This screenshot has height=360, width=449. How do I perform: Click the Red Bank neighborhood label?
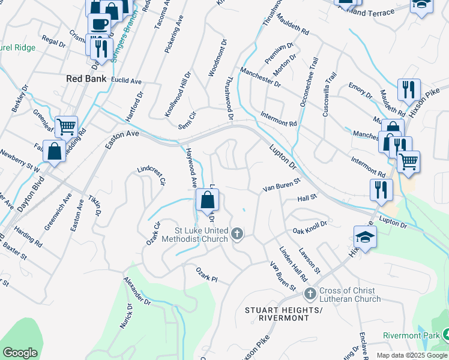86,79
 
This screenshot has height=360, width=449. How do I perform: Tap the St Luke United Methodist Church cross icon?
238,233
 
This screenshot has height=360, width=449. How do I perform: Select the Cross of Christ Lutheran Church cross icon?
310,293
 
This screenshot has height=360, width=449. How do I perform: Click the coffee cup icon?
99,25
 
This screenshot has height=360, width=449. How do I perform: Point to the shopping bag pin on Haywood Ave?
207,200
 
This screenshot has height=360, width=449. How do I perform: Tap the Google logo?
20,353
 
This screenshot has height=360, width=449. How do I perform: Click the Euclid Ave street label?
126,81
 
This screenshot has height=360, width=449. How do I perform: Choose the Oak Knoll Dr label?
309,227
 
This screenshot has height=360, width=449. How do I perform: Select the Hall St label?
307,198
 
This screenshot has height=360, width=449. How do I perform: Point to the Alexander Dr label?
137,292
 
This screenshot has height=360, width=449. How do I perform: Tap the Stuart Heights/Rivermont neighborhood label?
284,314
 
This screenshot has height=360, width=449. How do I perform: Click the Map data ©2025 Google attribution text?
412,355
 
